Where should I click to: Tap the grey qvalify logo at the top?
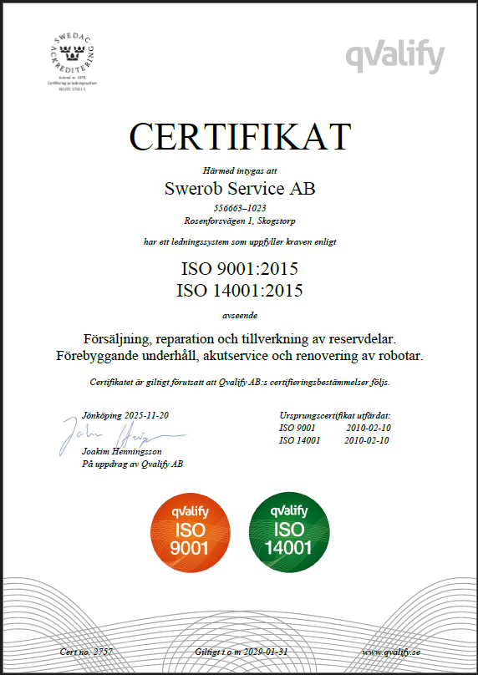[x=395, y=56]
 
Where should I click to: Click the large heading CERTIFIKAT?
[x=239, y=136]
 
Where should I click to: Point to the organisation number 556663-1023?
[x=239, y=207]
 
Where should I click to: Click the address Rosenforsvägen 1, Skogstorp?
[x=239, y=221]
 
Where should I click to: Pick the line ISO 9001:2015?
[x=239, y=270]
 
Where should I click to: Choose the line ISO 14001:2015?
[x=239, y=291]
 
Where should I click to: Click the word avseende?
[x=239, y=316]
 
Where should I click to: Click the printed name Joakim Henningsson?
[x=122, y=452]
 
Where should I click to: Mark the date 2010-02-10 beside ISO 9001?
[x=368, y=428]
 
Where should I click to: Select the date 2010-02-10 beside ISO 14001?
[x=368, y=440]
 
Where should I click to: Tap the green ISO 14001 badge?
[x=289, y=528]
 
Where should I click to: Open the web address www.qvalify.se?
[x=392, y=650]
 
